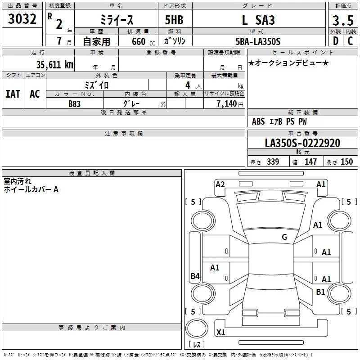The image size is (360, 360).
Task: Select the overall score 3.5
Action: [342, 20]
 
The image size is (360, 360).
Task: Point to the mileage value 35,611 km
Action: [54, 64]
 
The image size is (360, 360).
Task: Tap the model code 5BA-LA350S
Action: [258, 41]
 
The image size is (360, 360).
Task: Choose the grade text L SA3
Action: [258, 20]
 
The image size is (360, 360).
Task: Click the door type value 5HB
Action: [174, 20]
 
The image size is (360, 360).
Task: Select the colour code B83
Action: [75, 103]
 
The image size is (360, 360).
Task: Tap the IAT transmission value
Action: [13, 94]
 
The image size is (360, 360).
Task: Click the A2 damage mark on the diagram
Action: [220, 184]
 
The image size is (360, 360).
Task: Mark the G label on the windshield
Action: [284, 237]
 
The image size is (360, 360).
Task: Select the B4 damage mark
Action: [195, 276]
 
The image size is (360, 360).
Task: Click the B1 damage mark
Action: [320, 292]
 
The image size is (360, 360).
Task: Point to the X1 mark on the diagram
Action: [220, 333]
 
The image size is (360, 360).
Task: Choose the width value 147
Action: [310, 162]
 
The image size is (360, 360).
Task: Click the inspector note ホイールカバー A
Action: [31, 190]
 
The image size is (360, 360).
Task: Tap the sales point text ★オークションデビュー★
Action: [288, 63]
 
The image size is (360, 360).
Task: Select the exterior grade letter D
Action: [335, 41]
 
